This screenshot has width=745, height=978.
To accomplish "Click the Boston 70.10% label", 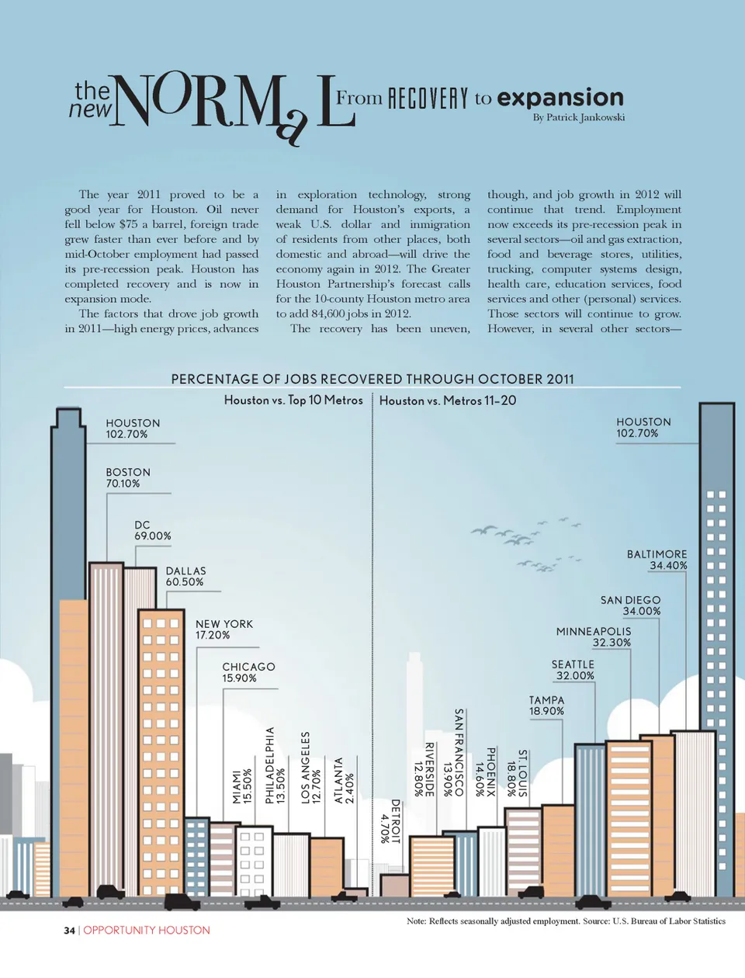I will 128,477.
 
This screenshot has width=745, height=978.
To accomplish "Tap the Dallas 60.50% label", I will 185,576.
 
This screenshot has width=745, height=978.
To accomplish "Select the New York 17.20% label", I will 223,629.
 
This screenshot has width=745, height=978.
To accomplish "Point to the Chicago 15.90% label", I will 248,672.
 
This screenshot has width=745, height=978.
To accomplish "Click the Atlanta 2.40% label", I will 344,780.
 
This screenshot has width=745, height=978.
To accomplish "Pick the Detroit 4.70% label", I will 390,821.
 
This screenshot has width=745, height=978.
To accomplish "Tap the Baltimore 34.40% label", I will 657,560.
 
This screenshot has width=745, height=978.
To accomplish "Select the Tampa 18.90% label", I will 546,706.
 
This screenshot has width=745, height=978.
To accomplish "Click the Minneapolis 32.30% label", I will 594,637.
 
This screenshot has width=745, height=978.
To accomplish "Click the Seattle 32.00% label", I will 573,670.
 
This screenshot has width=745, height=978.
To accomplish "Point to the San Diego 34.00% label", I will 630,605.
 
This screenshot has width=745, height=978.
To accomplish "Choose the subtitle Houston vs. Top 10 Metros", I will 293,401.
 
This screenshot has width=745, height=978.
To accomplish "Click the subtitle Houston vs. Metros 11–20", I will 448,401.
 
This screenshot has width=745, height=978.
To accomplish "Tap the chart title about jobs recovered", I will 372,379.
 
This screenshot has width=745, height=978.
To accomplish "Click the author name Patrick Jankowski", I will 578,118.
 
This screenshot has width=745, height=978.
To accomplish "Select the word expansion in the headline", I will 560,98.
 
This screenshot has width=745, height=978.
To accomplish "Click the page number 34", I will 69,930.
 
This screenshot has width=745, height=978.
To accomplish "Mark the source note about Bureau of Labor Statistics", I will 566,921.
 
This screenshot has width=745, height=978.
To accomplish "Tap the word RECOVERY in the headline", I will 428,99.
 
